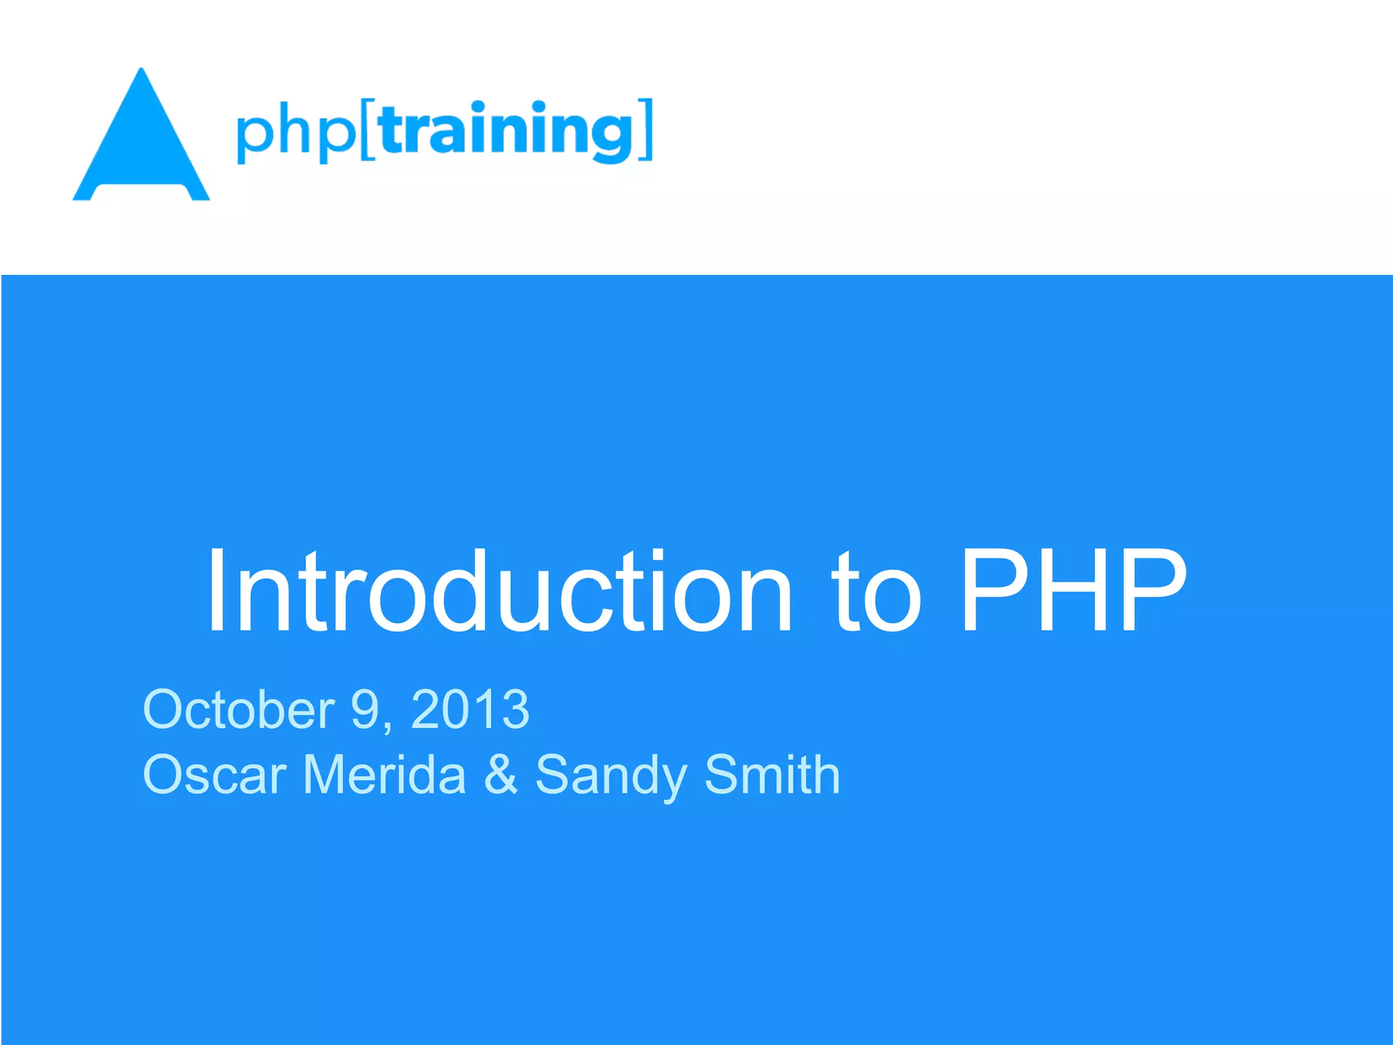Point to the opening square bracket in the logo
coord(368,130)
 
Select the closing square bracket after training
coord(646,129)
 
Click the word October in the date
coord(239,709)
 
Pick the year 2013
coord(470,709)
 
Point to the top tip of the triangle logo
coord(141,70)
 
